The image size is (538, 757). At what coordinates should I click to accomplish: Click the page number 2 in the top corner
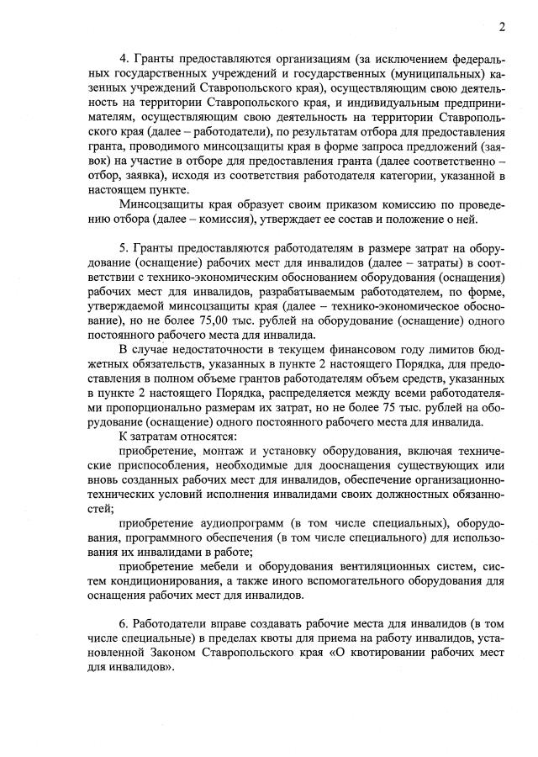[501, 27]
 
